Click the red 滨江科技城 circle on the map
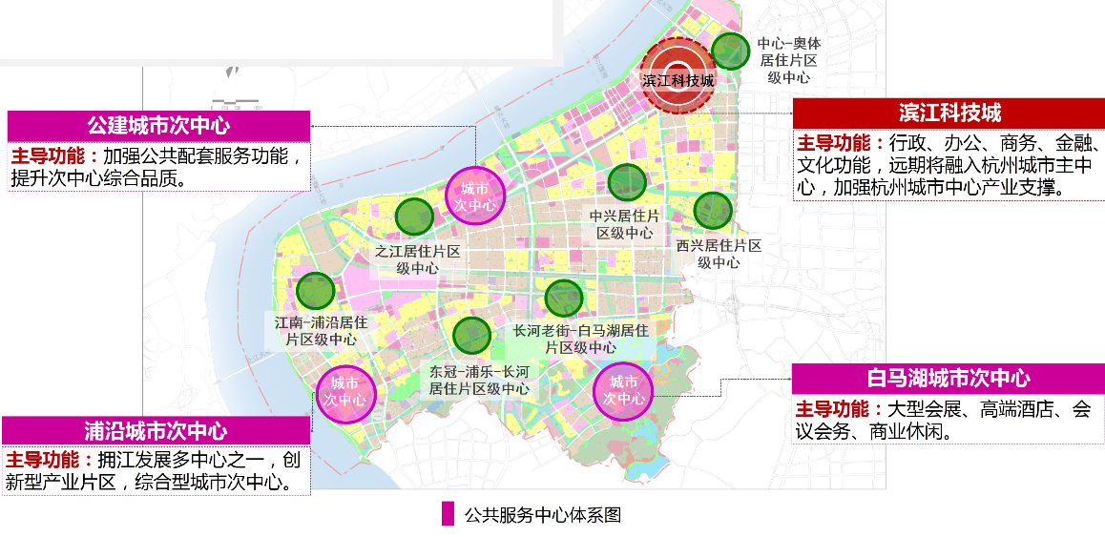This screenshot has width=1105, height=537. click(678, 76)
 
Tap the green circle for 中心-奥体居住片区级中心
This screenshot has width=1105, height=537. click(731, 52)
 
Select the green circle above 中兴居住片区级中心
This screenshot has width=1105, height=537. click(626, 182)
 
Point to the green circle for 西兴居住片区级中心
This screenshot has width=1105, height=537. click(712, 211)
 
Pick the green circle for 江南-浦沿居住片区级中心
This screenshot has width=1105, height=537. click(315, 291)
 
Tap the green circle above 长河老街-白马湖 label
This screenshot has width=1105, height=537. click(563, 298)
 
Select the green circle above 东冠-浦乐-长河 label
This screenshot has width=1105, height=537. click(471, 335)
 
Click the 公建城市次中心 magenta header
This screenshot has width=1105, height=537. click(158, 125)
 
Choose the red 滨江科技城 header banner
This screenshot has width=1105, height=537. click(949, 114)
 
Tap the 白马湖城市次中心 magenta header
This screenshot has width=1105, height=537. click(948, 379)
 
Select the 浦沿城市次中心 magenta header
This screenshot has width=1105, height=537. click(156, 431)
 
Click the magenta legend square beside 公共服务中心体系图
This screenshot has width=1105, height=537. click(448, 515)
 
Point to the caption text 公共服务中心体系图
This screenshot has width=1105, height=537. click(543, 515)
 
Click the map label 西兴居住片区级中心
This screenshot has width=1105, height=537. click(719, 254)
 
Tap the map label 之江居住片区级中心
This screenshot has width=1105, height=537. click(417, 259)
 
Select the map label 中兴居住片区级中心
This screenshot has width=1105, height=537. click(625, 224)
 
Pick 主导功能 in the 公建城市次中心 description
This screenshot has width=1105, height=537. click(50, 155)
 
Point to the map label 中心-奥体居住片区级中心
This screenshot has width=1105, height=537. click(788, 60)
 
